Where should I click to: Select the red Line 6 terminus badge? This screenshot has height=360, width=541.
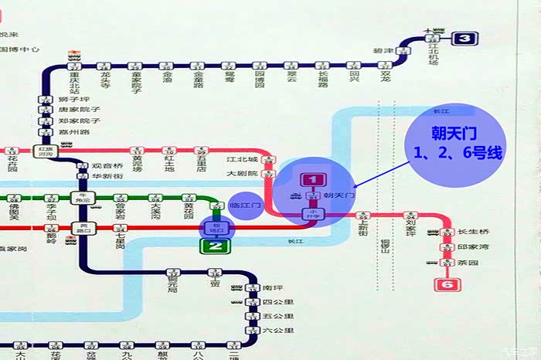coord(446,284)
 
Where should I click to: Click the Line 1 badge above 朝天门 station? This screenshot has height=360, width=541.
coord(312,180)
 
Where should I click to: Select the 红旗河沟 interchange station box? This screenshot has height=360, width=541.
coord(46,151)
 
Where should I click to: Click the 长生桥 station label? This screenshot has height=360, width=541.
coord(473,232)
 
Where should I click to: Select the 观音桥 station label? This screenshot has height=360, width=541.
coord(108,166)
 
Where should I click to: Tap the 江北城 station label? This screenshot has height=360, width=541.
coord(242,160)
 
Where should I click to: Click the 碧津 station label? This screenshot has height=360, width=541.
coord(384,50)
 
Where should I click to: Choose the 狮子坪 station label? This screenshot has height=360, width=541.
coord(74,100)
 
